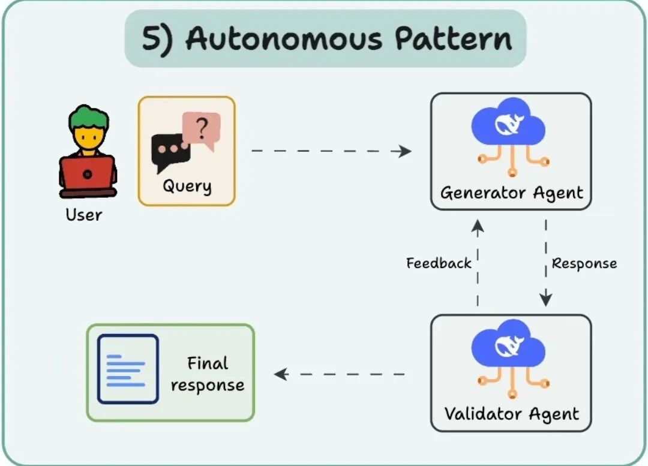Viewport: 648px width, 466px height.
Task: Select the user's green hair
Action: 88,118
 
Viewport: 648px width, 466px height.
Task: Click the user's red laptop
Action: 88,174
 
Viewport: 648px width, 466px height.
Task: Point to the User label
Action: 84,215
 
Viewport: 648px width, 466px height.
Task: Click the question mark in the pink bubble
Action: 203,127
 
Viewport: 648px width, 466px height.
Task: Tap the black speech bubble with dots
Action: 170,150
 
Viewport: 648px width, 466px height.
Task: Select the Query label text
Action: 187,186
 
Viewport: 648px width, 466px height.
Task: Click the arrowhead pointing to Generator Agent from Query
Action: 406,151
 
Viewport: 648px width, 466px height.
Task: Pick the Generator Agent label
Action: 511,193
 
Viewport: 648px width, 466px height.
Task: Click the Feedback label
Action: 439,263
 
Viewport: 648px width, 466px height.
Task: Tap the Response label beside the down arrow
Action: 584,263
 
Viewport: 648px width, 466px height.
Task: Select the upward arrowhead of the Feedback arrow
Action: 478,225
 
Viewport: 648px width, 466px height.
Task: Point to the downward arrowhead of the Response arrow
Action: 546,300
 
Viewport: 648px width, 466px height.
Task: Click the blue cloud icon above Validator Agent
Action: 509,346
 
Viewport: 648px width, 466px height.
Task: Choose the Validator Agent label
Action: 511,414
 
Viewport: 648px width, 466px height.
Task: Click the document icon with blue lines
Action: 128,369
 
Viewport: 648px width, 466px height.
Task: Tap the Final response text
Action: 208,374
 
